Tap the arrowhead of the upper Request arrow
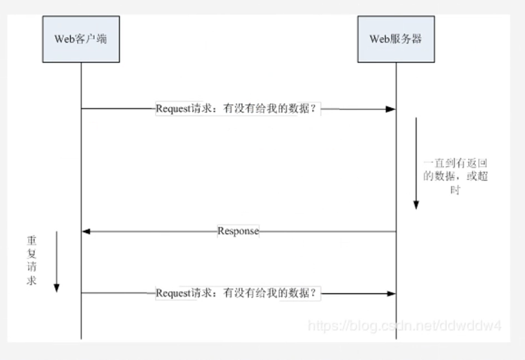click(390, 109)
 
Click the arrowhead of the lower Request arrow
click(390, 293)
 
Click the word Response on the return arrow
click(238, 232)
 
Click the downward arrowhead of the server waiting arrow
click(416, 205)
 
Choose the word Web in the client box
click(64, 38)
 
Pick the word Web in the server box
click(379, 38)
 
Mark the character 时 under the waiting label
click(454, 190)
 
